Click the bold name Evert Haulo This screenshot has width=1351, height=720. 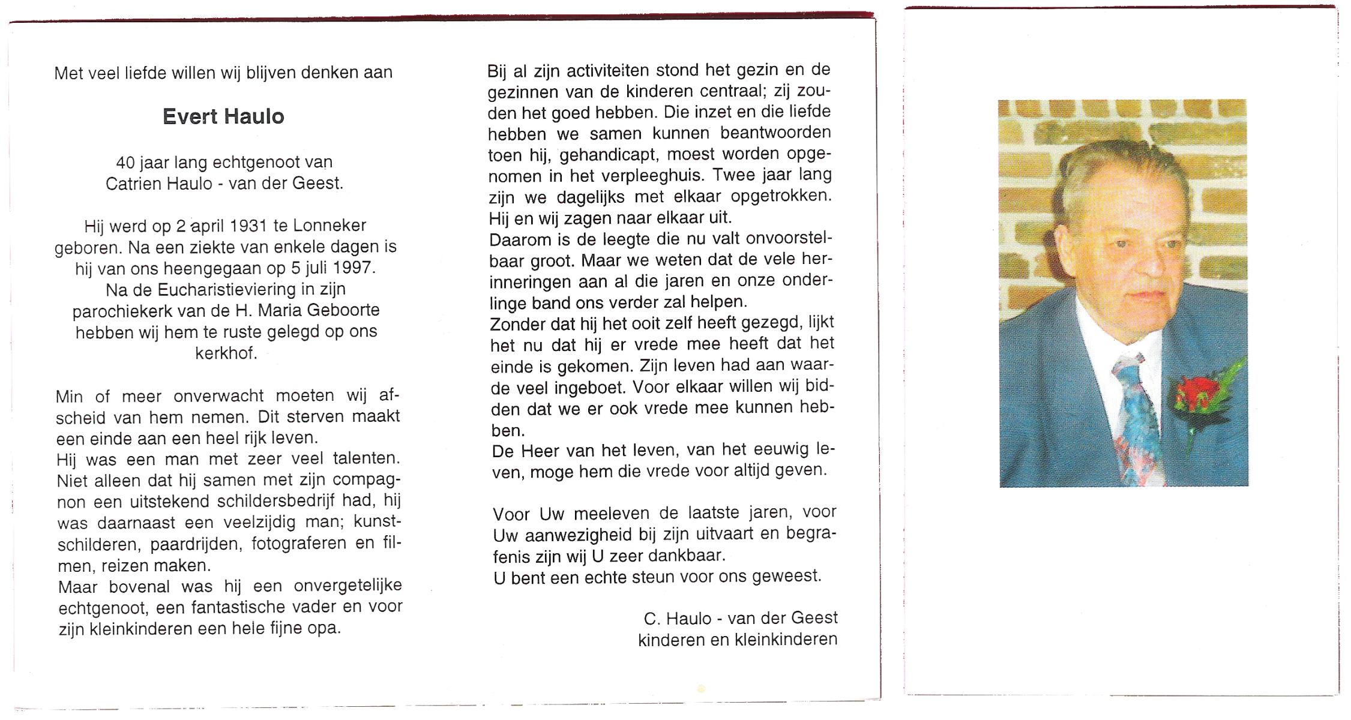(223, 116)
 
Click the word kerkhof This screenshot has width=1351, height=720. (226, 353)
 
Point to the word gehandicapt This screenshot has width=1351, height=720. (609, 155)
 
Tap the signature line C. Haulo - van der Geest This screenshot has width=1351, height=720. (740, 619)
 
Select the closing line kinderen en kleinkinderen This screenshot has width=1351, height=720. (737, 640)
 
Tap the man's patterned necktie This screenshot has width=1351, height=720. (1136, 420)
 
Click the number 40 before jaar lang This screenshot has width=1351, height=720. (125, 163)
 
